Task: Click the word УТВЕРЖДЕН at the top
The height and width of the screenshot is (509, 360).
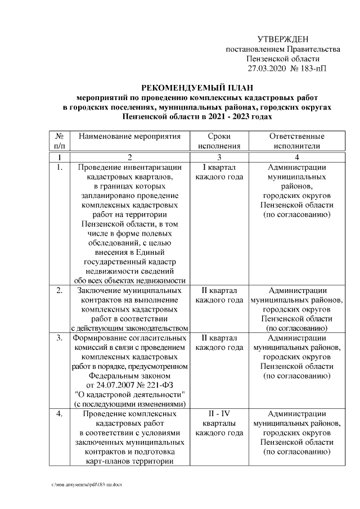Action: pos(282,39)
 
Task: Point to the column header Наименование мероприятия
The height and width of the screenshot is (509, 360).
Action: pos(130,137)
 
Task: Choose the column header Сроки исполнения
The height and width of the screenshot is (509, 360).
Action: pos(219,141)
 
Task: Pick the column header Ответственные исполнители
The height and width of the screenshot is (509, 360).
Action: pos(296,141)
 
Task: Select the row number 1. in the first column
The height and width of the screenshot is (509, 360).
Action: pos(60,168)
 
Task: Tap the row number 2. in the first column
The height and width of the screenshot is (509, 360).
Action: pos(60,291)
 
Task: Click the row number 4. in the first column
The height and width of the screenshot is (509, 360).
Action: pos(60,414)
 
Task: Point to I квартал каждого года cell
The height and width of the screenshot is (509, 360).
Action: pos(219,172)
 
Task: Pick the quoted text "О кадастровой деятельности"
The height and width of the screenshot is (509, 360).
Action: pos(130,394)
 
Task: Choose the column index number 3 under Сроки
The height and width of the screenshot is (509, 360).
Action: pos(219,157)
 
